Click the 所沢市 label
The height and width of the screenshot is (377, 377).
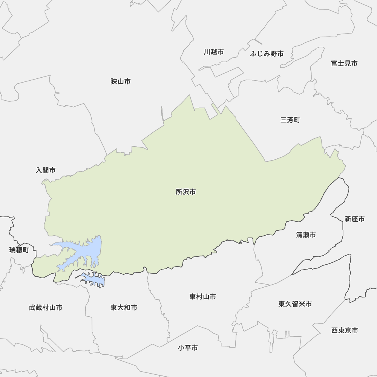point(185,192)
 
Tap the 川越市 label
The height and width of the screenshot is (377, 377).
point(213,52)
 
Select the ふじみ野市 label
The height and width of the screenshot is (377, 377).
point(267,54)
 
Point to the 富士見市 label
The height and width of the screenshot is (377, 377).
point(344,63)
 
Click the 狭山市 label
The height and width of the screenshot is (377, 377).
point(121,81)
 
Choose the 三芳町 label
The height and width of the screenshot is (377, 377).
point(290,120)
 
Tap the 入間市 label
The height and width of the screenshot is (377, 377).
point(46,170)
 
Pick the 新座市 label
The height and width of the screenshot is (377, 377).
point(354,219)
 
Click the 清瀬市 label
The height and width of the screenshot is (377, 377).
point(306,235)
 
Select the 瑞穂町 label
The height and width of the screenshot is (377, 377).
point(19,250)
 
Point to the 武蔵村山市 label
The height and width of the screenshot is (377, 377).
point(46,308)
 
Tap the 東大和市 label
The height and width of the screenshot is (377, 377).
point(124,308)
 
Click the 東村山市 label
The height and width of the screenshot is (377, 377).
point(202,297)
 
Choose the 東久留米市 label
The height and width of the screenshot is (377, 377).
point(295,304)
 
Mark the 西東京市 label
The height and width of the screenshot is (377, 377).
point(345,331)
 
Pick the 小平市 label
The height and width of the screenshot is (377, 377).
point(188,348)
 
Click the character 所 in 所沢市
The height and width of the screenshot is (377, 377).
point(179,192)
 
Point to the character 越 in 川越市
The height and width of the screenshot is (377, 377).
point(213,52)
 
